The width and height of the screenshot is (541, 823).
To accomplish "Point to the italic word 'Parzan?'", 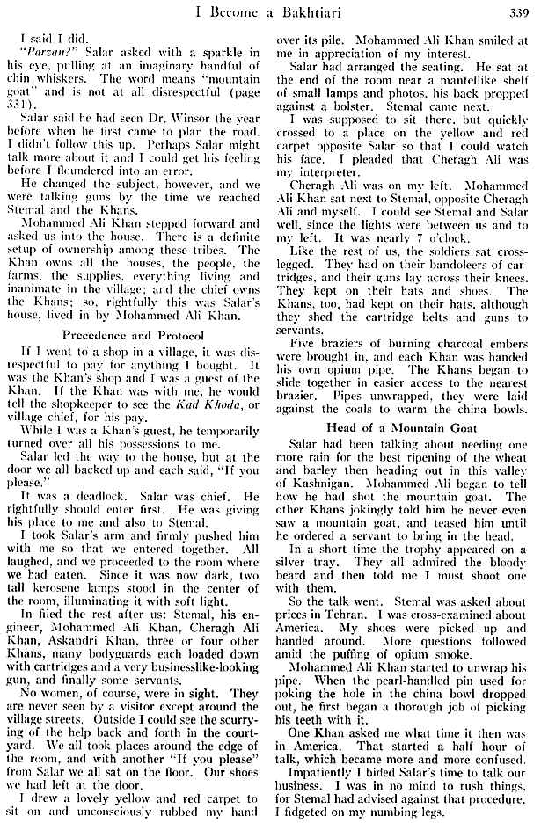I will [x=39, y=55].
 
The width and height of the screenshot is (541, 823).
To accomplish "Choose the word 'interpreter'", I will [x=322, y=174].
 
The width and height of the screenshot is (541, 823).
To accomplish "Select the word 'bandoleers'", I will [x=435, y=266].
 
